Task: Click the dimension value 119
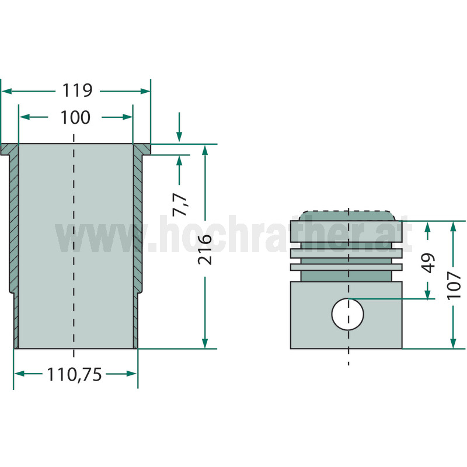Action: [x=77, y=90]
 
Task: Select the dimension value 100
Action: [x=75, y=117]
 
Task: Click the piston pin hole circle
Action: [x=347, y=313]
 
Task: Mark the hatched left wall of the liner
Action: [x=15, y=233]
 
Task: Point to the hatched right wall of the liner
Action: [x=138, y=233]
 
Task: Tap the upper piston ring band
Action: [x=347, y=252]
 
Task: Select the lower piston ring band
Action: [x=347, y=267]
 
